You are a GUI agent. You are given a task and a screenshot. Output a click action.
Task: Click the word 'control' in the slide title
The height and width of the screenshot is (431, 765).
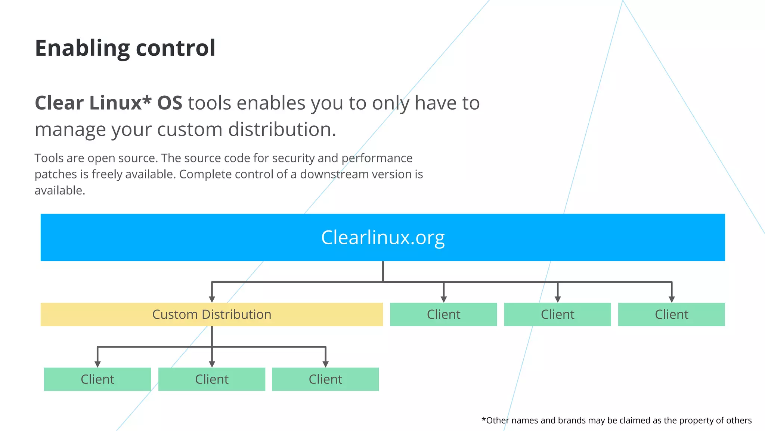[x=176, y=48]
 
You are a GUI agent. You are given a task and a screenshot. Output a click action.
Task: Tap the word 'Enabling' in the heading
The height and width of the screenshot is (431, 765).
[x=82, y=48]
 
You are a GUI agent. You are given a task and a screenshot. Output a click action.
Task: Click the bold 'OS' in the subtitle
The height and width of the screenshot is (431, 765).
[x=170, y=103]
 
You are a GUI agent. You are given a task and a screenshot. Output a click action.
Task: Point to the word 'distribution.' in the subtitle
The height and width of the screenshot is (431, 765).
[x=282, y=129]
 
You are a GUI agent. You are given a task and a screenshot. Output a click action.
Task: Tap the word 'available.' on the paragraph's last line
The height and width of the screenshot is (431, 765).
[x=60, y=190]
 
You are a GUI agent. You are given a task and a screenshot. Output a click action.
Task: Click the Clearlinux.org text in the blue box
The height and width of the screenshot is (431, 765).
[x=383, y=237]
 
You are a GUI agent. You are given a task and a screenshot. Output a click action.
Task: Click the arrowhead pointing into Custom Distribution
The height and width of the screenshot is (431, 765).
[x=212, y=299]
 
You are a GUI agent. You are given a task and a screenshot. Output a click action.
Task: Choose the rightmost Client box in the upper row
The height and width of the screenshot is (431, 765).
[x=671, y=315]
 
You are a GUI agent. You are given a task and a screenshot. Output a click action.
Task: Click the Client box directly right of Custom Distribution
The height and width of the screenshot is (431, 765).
[x=443, y=315]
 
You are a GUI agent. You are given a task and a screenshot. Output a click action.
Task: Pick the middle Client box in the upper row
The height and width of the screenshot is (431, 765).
[x=557, y=315]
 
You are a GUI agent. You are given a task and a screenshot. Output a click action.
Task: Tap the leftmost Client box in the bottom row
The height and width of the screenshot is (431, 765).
[x=97, y=379]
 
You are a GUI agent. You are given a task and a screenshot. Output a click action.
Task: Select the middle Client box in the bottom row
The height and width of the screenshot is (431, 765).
[x=212, y=379]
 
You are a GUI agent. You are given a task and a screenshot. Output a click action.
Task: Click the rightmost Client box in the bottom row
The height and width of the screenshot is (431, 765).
[x=325, y=379]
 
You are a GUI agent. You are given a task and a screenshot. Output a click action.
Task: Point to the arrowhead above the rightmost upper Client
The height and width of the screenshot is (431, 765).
[x=672, y=299]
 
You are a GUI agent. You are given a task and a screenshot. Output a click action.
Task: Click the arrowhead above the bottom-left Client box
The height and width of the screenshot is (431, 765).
[x=97, y=364]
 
